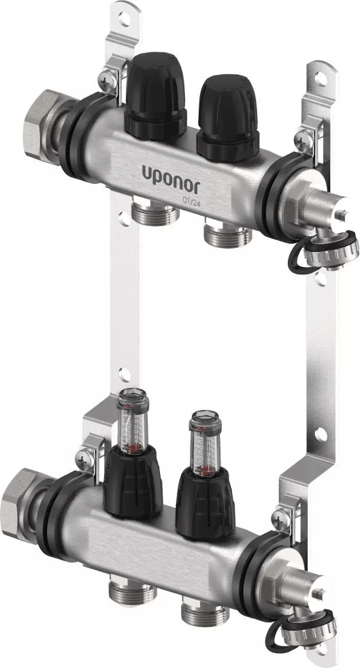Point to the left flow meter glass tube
[133, 421]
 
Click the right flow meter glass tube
[205, 443]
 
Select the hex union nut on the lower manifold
[20, 505]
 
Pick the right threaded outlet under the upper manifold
[227, 234]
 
